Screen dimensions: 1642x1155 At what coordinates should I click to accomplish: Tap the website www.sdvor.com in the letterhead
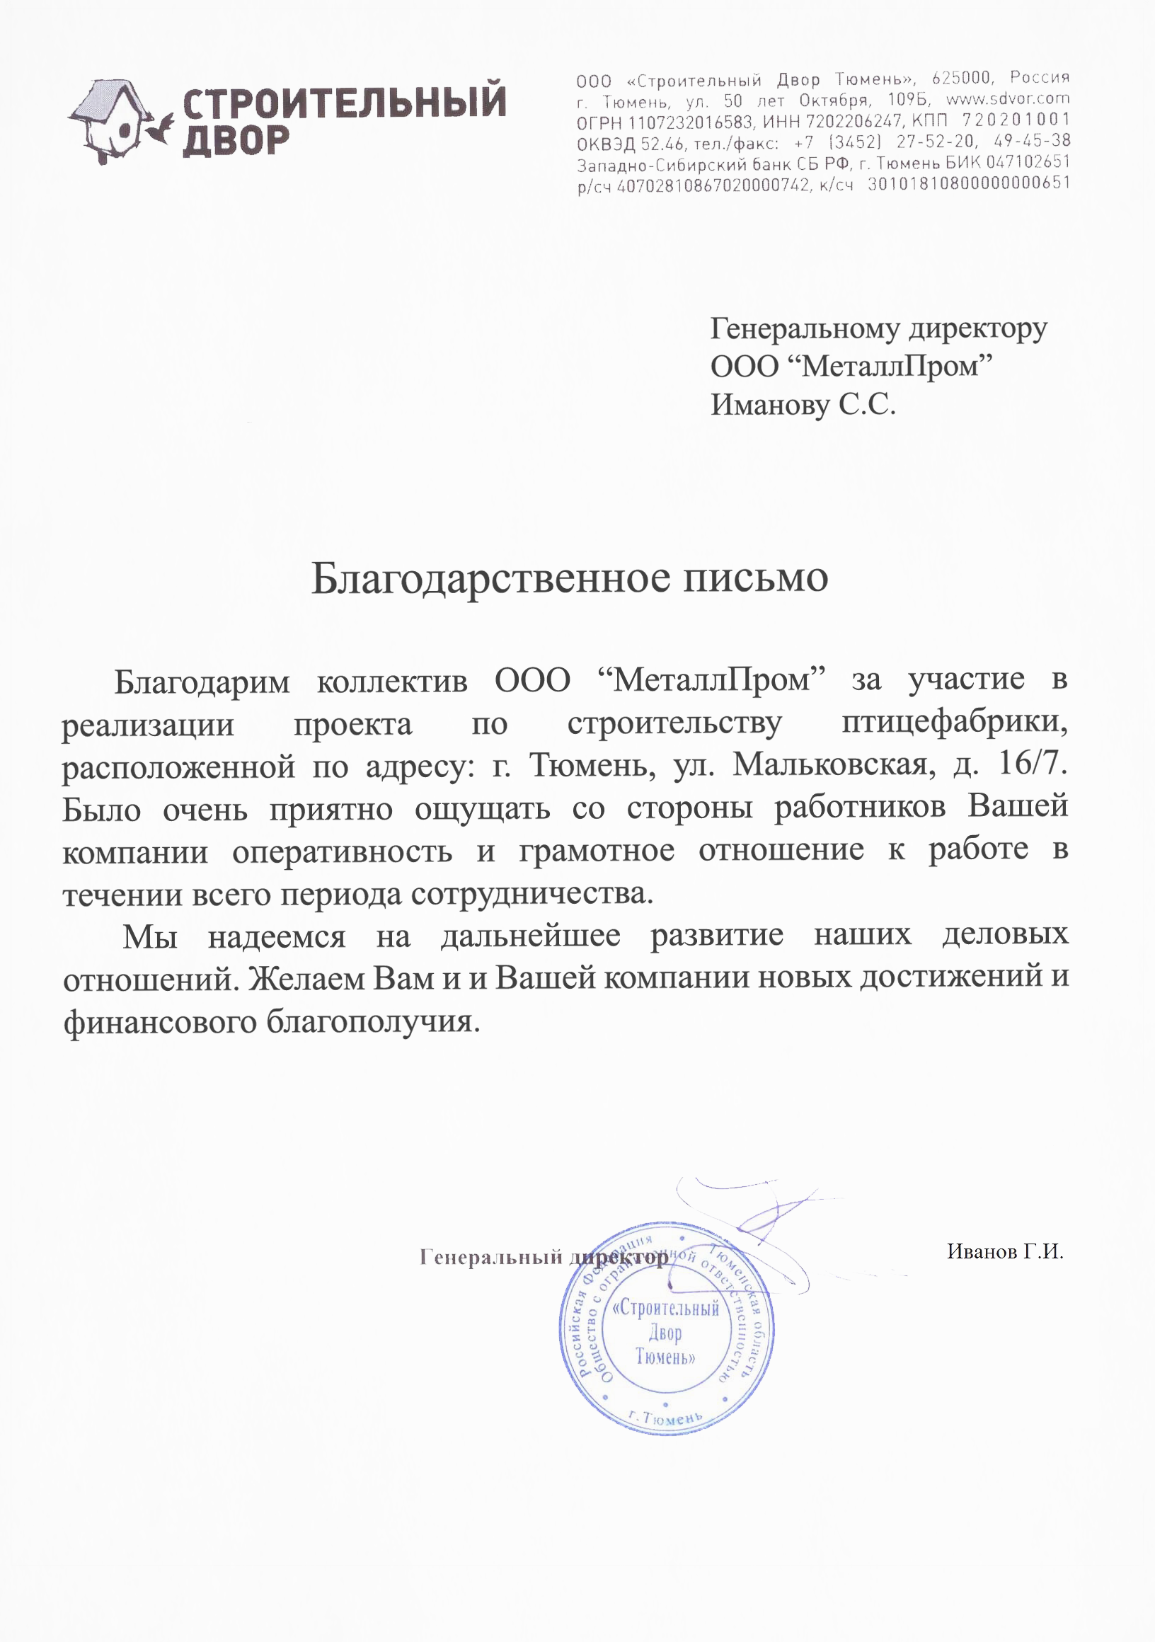tap(1008, 98)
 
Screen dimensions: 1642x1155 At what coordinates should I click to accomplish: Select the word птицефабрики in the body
tap(954, 723)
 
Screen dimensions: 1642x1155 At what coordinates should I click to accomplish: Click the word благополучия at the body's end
tap(372, 1021)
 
